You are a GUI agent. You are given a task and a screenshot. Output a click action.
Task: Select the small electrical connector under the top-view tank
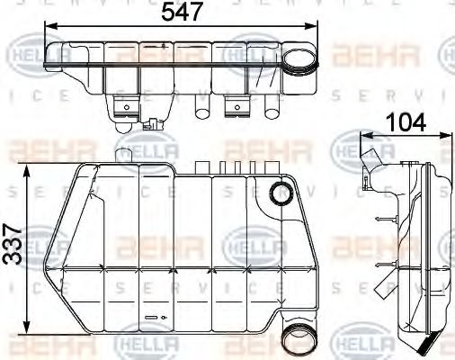158,125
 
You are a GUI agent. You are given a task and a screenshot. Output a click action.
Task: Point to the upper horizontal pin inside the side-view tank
386,218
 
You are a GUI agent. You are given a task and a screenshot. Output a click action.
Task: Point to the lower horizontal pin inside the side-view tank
386,263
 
